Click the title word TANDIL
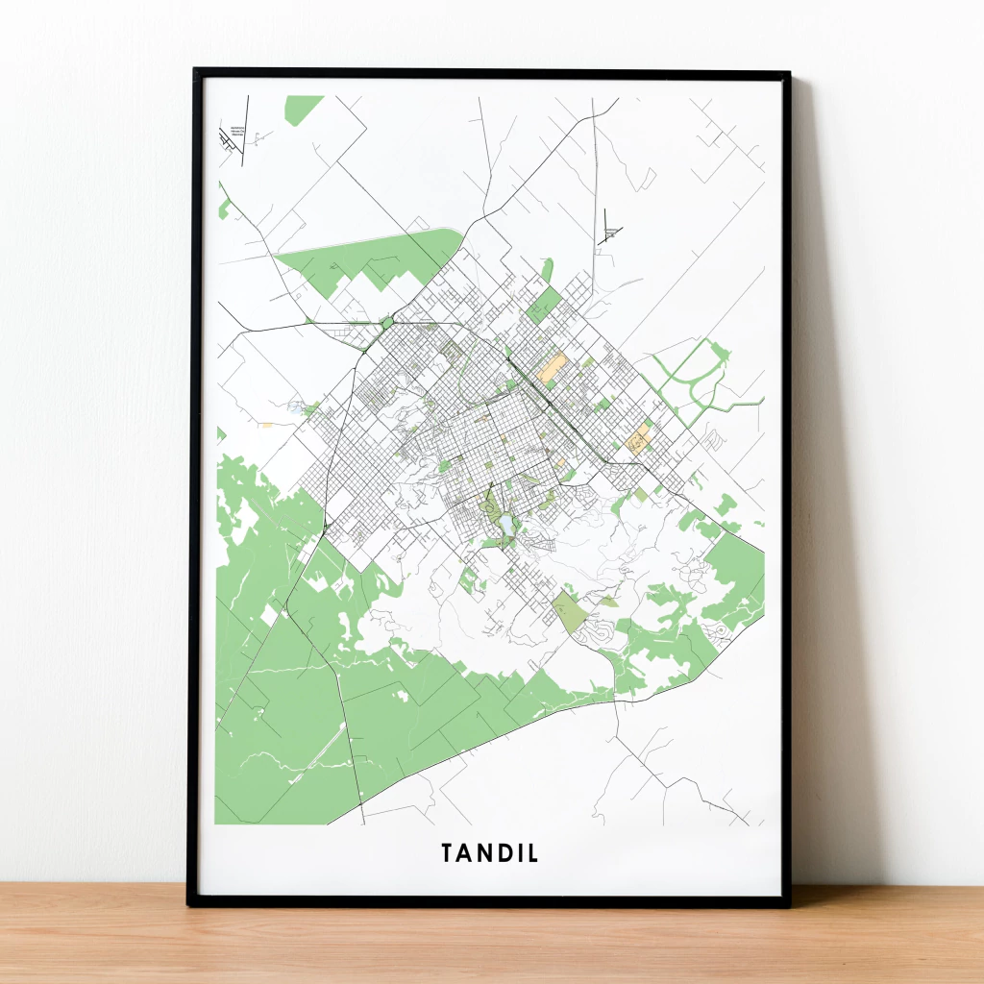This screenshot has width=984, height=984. tap(490, 853)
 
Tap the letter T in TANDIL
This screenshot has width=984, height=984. tap(448, 853)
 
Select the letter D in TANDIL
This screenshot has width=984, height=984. tap(503, 853)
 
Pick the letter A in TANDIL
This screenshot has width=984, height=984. tap(465, 853)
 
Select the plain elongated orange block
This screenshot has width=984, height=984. tap(553, 368)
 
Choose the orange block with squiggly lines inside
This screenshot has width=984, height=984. tap(638, 440)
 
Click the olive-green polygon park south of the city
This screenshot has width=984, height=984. tap(570, 611)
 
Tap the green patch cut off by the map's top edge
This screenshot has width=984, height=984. tap(303, 108)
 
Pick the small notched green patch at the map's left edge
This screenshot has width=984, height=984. tap(223, 205)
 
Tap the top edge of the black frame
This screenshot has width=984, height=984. tap(490, 72)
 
